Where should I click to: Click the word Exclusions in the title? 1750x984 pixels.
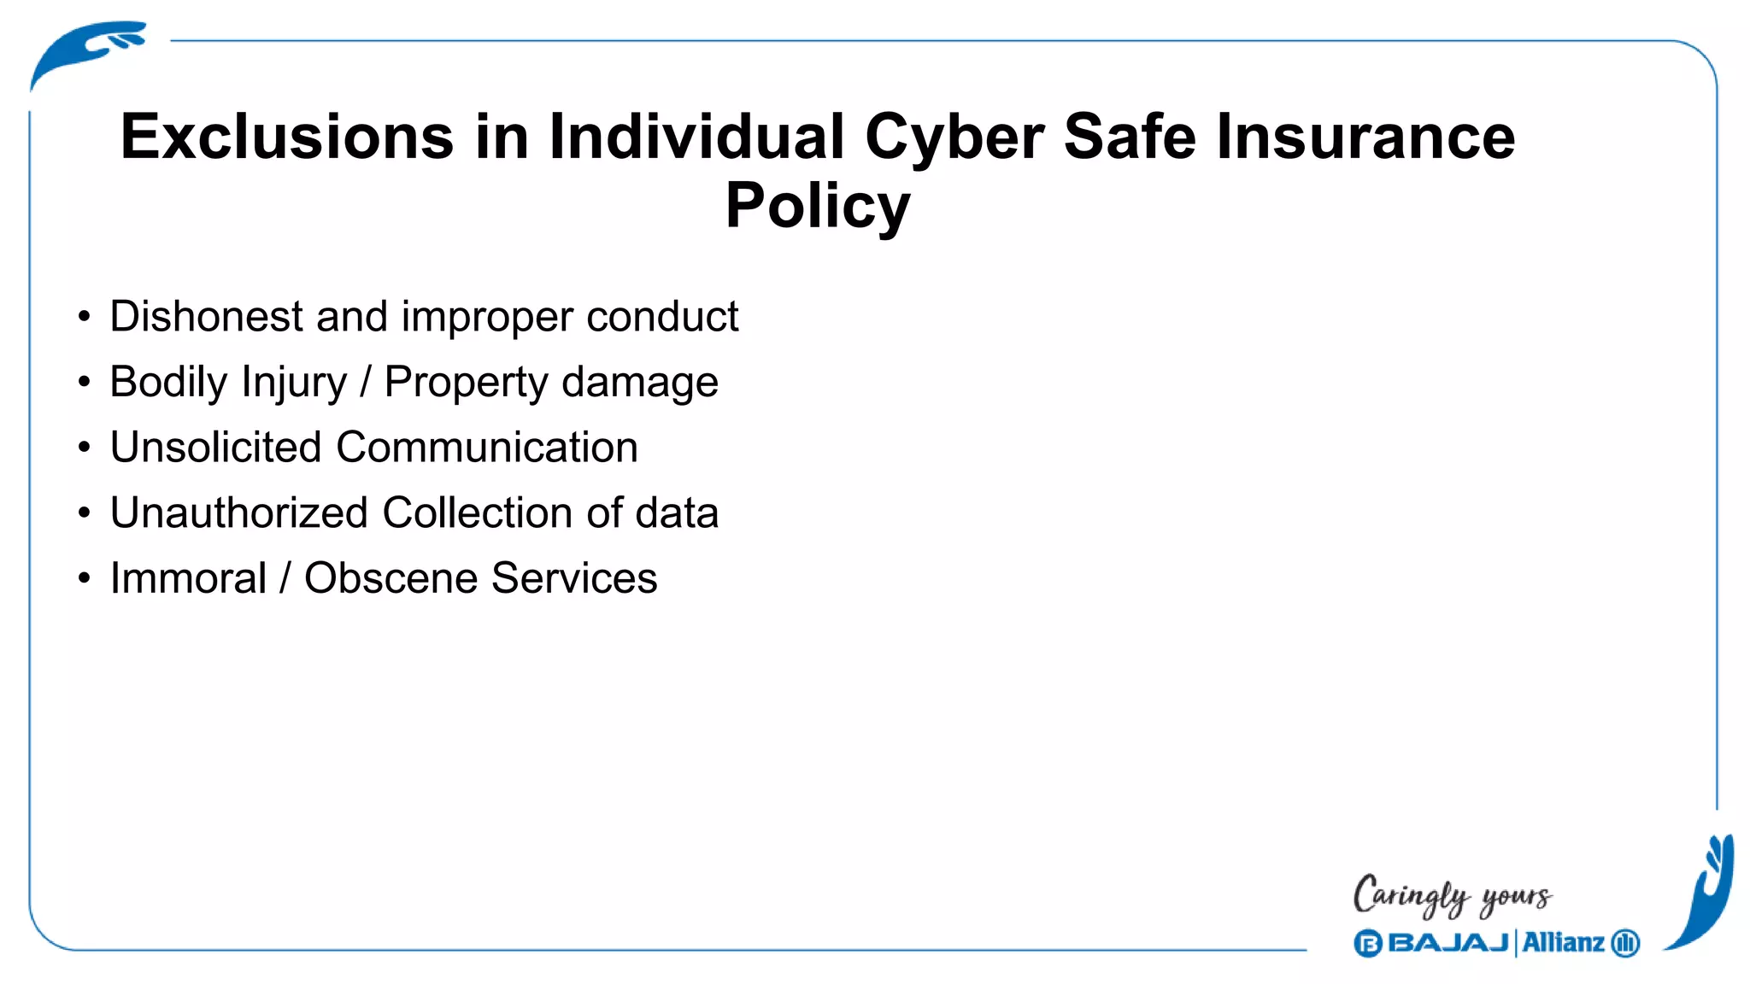pos(287,137)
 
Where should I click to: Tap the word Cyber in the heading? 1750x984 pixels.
pos(954,138)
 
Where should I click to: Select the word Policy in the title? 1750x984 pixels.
pos(818,207)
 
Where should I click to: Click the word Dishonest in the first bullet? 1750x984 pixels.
pos(206,317)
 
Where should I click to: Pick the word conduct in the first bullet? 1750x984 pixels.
pos(662,317)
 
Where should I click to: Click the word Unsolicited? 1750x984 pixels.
pos(215,448)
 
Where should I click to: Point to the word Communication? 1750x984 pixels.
pos(487,448)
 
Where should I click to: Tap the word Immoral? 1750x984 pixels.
pos(189,578)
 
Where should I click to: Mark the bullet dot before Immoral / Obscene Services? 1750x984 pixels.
pos(84,578)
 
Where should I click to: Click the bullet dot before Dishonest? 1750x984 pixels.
pos(84,317)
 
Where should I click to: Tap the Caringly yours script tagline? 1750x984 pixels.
pos(1452,896)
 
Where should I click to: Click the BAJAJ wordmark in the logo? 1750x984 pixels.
pos(1448,943)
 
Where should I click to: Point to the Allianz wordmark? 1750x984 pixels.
pos(1563,943)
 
